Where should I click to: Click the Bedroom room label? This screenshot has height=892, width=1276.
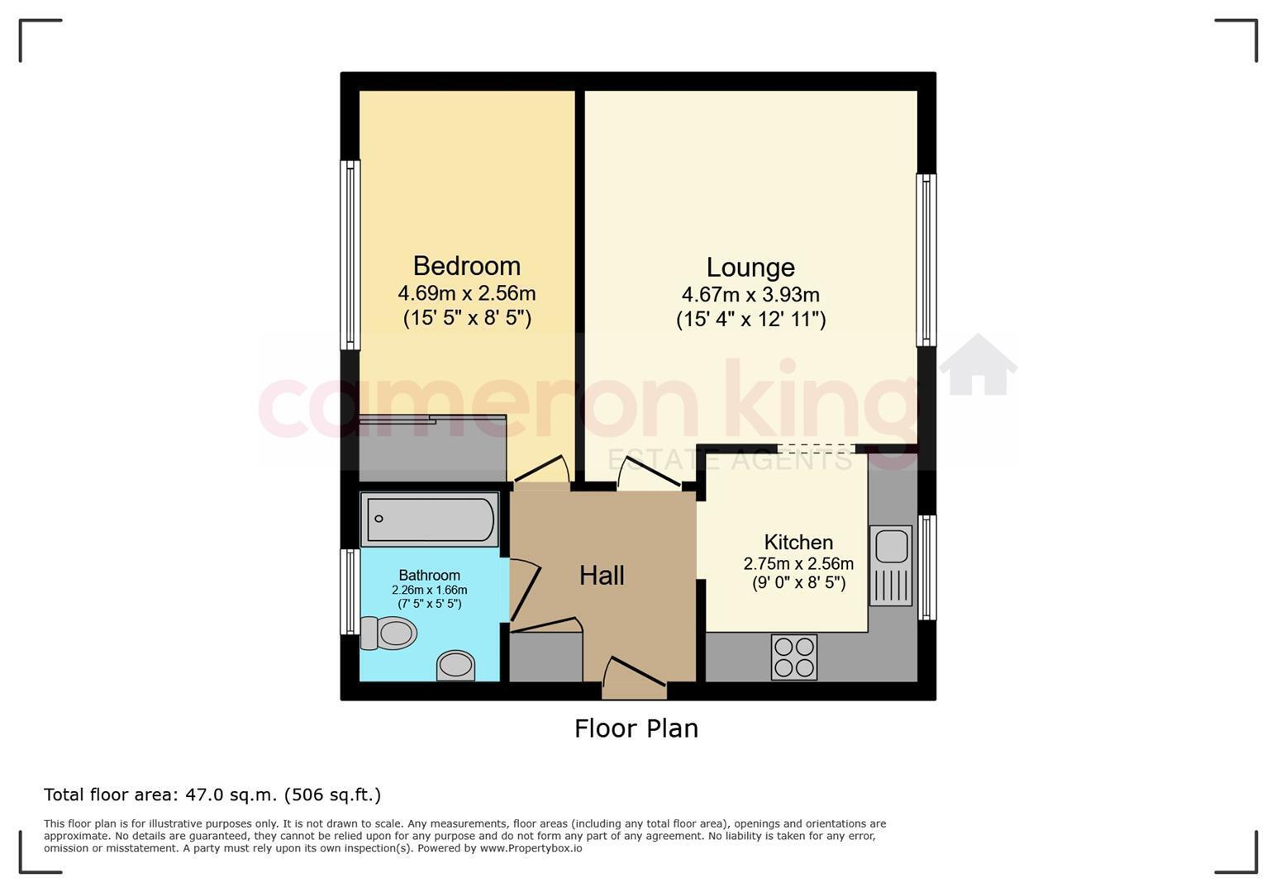coord(467,266)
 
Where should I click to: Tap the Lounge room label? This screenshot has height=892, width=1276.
coord(750,268)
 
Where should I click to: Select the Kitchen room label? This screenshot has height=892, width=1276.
coord(798,542)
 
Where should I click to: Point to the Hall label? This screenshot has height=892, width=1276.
coord(602,576)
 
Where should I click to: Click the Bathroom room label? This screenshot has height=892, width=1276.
coord(429,575)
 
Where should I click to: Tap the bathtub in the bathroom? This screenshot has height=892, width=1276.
coord(430,520)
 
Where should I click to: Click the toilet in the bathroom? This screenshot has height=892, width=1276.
coord(388,633)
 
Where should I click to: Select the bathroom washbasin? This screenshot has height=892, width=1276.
coord(455,666)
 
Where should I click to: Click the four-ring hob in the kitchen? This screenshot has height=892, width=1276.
coord(794,657)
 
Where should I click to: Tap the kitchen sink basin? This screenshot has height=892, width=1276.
coord(891,547)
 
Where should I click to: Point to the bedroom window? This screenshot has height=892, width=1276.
coord(350,255)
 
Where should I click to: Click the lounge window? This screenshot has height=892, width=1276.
coord(926,260)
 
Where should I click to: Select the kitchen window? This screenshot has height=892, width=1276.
coord(926,567)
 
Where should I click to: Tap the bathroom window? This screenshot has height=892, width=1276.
coord(350,591)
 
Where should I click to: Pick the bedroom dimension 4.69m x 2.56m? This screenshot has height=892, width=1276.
coord(467,293)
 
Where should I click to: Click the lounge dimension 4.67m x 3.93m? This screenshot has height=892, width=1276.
coord(750,295)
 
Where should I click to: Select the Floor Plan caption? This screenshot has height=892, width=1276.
coord(636,728)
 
